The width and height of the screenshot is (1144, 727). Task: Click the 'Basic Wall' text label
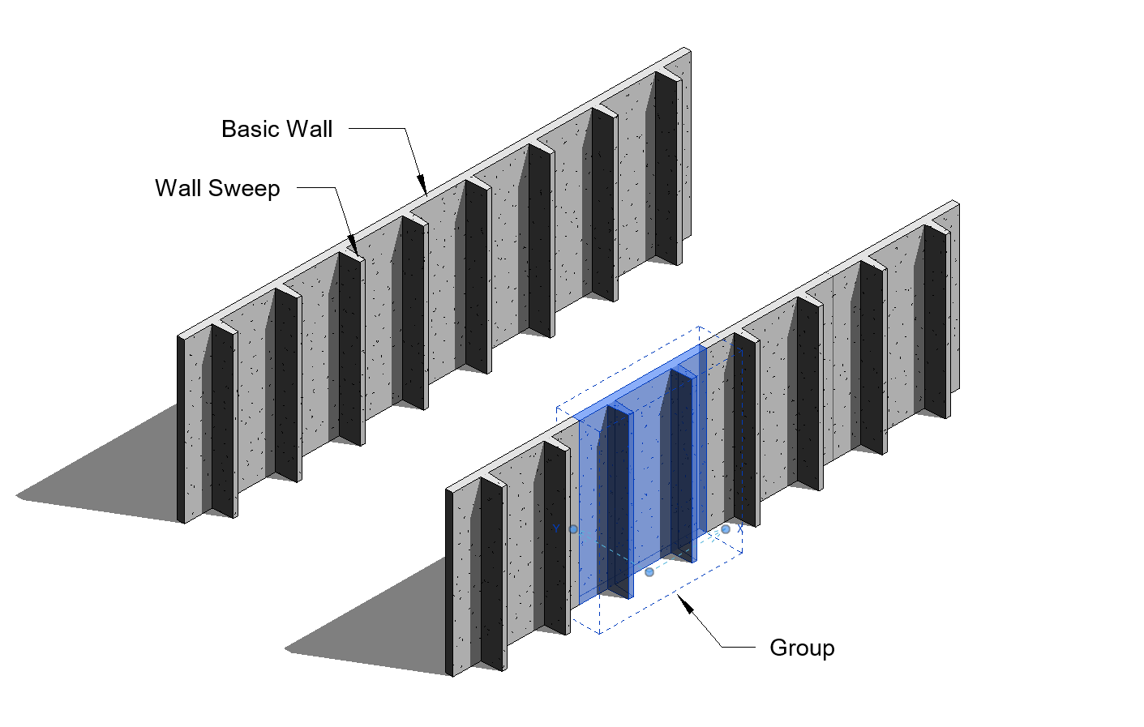click(x=276, y=130)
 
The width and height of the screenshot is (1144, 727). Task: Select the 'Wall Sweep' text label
click(x=217, y=189)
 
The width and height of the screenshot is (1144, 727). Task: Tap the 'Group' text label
click(x=802, y=648)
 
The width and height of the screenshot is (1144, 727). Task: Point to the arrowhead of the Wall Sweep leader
click(x=352, y=246)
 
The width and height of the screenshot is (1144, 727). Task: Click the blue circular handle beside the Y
click(x=573, y=529)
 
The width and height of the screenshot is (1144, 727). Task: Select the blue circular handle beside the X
click(x=726, y=529)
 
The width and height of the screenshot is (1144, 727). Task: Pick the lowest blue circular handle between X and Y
click(x=649, y=572)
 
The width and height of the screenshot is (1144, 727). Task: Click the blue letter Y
click(x=556, y=529)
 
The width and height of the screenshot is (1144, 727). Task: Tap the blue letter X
click(x=740, y=529)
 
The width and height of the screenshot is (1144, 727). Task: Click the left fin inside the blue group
click(x=618, y=502)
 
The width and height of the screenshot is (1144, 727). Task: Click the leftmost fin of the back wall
click(x=223, y=421)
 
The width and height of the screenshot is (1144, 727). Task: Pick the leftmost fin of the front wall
click(x=492, y=575)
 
